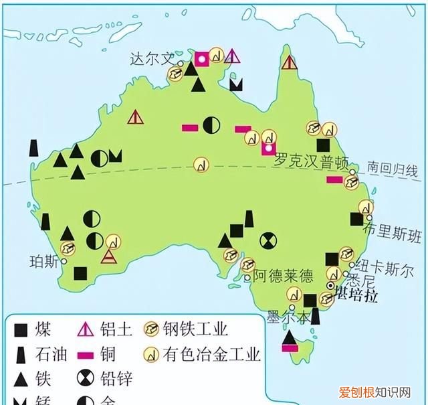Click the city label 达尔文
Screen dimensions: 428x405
151,60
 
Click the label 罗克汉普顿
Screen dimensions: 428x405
312,161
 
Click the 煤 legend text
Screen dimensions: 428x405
45,329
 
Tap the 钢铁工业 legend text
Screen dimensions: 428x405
199,329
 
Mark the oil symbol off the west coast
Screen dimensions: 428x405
33,148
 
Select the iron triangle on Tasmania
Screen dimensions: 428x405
289,339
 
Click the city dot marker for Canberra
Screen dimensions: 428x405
330,286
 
